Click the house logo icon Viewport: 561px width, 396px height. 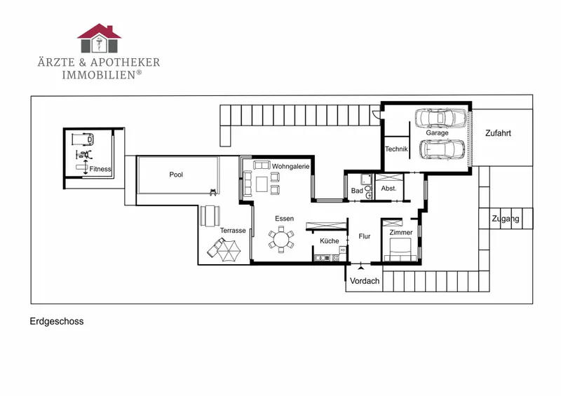(99, 39)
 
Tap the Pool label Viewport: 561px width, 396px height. (176, 175)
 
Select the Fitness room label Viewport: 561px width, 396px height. (100, 169)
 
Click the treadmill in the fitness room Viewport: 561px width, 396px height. (83, 139)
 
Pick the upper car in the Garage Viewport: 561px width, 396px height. (441, 118)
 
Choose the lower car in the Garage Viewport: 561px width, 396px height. (442, 149)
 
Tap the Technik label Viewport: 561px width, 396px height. (396, 149)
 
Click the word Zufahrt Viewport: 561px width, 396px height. (498, 133)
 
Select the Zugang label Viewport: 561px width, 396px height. (506, 219)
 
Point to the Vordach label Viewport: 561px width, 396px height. (365, 281)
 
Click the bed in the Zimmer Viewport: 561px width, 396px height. (400, 250)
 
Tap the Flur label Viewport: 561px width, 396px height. (365, 236)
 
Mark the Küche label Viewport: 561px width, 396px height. (330, 240)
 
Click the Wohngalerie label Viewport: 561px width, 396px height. (290, 166)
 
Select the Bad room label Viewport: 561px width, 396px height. (357, 191)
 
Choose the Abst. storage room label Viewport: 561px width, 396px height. (389, 188)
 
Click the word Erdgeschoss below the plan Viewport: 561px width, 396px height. (57, 321)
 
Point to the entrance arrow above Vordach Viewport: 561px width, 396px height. (361, 266)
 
